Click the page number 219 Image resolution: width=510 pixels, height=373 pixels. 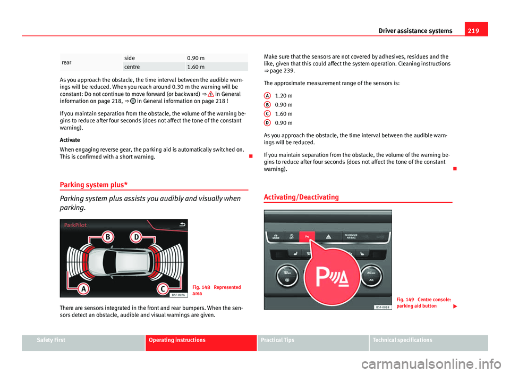(478, 30)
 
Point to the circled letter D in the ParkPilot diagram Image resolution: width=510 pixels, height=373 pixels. (136, 235)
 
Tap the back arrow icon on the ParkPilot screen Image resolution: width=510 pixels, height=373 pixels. (182, 225)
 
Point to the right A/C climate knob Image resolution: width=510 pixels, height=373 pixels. (370, 275)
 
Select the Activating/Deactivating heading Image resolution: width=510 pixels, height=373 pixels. (300, 197)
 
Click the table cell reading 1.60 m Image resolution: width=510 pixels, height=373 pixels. (195, 67)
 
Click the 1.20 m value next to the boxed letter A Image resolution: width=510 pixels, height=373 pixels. (284, 95)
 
